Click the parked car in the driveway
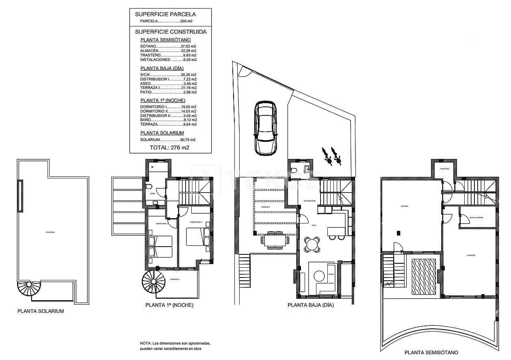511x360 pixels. point(265,128)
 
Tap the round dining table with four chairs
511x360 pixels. point(312,245)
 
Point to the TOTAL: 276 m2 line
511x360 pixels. point(169,148)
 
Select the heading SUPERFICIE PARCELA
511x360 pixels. point(165,14)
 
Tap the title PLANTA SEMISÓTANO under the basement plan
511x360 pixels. point(431,353)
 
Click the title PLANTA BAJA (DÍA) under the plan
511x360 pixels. point(310,305)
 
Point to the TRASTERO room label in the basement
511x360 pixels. point(444,169)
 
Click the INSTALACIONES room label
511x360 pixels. point(476,217)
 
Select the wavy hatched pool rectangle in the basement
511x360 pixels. point(424,276)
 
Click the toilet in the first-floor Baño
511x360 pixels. point(149,187)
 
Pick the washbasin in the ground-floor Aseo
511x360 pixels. point(307,168)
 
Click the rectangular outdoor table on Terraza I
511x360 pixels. point(276,240)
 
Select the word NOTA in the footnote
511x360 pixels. point(145,343)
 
